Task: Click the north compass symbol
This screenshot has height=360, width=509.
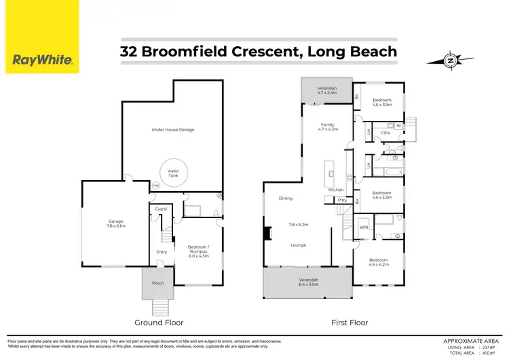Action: [449, 60]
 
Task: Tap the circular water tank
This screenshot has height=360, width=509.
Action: [173, 174]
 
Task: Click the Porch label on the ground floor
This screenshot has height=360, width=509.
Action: [157, 283]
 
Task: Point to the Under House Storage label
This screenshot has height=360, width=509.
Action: [172, 129]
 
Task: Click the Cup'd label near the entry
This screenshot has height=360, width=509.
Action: [161, 209]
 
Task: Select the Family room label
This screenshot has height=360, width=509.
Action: [328, 128]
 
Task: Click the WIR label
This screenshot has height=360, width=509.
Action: [363, 227]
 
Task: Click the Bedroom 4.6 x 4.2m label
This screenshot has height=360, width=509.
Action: [378, 262]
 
